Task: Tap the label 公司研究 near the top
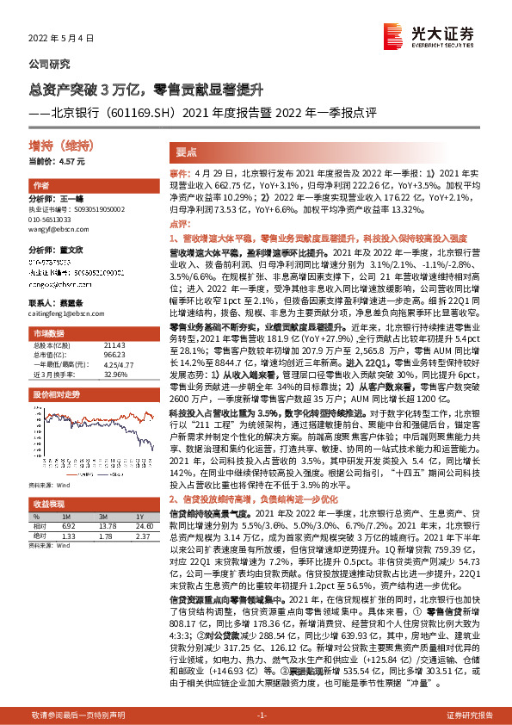50,65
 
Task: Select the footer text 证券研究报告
469,715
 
